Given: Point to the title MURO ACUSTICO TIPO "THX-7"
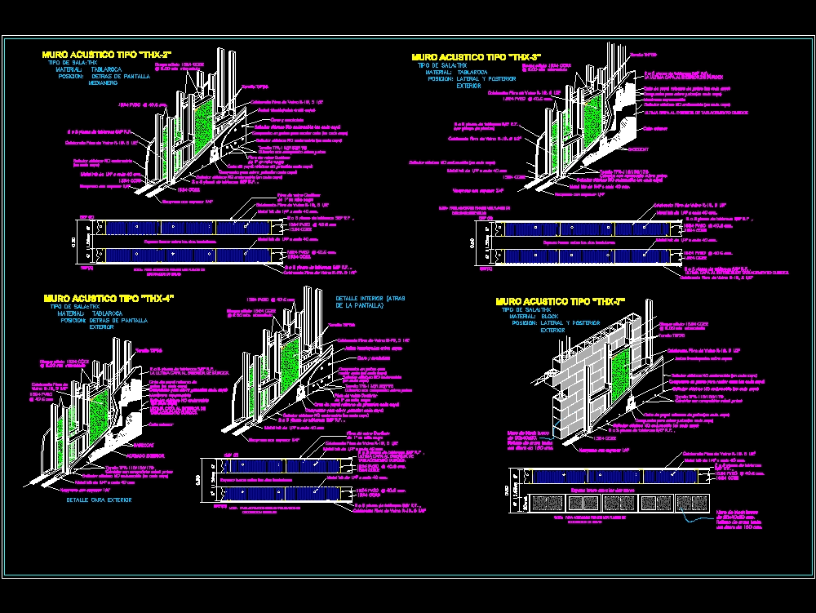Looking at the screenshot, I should click(561, 301).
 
